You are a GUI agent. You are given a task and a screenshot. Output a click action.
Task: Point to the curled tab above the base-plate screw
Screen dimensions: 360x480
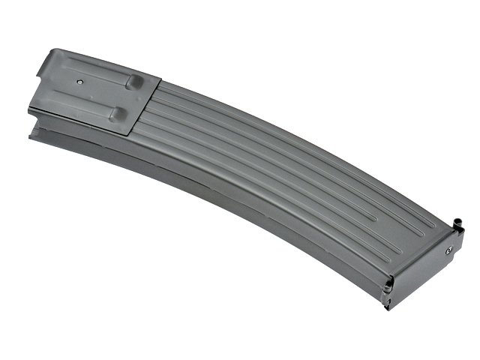pyautogui.click(x=456, y=223)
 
